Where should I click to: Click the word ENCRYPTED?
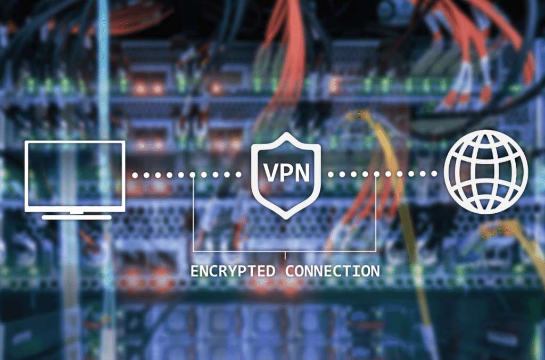[x=233, y=271]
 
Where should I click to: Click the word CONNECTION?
[x=333, y=271]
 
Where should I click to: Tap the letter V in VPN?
[x=271, y=172]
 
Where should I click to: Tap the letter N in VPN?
[x=301, y=172]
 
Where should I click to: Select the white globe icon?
[x=486, y=172]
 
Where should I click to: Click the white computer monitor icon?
[x=75, y=180]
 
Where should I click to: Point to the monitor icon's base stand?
[x=77, y=217]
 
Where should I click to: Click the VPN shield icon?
[x=286, y=175]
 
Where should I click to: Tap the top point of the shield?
[x=286, y=132]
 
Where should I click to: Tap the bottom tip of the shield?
[x=286, y=219]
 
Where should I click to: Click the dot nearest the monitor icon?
[x=135, y=175]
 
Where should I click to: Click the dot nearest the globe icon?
[x=434, y=173]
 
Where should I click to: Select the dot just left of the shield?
[x=238, y=174]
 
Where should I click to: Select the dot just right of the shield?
[x=331, y=174]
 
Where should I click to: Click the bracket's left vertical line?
[x=194, y=213]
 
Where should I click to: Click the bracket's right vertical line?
[x=376, y=212]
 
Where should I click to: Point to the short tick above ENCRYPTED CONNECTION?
[x=285, y=255]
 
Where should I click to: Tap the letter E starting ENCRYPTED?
[x=195, y=271]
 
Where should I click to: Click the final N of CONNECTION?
[x=375, y=271]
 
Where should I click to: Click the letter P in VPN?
[x=286, y=172]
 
